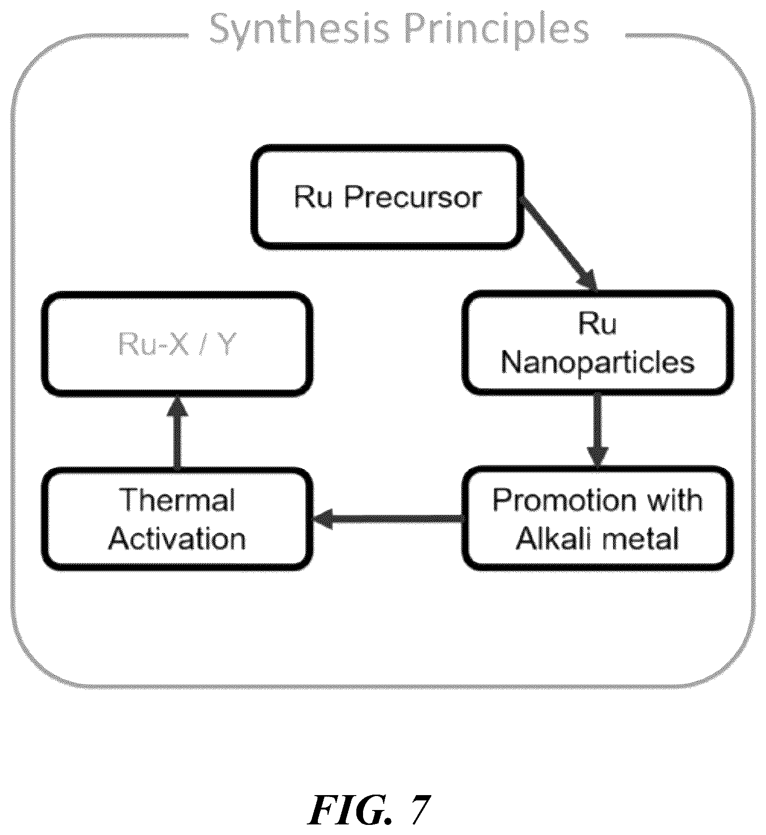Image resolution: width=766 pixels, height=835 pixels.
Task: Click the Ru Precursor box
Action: tap(388, 197)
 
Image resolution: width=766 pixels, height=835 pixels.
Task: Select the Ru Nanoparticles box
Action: tap(598, 343)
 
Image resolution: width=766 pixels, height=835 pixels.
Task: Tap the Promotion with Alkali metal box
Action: tap(598, 518)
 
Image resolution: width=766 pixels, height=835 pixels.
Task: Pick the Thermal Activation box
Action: tap(177, 518)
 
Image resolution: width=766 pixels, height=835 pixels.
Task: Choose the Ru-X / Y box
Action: tap(177, 344)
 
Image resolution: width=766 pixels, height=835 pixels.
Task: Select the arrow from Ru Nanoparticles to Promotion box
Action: tap(598, 431)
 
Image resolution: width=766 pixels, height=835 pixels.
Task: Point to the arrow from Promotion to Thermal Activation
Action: tap(388, 519)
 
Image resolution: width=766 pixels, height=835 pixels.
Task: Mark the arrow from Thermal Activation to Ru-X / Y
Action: tap(177, 432)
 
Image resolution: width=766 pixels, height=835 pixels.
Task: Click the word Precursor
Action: tap(413, 197)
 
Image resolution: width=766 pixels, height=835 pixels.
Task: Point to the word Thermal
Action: tap(178, 500)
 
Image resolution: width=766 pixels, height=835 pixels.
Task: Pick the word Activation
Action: tap(177, 538)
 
